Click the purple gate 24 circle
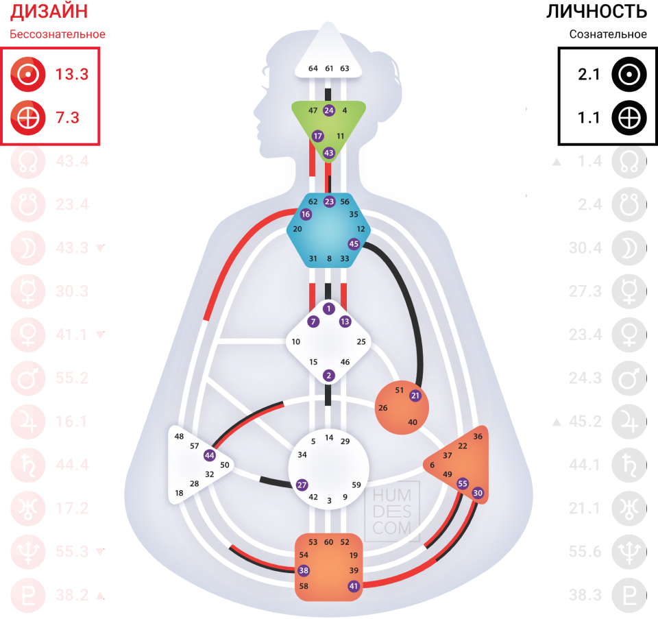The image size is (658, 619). (329, 110)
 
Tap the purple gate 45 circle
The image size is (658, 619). (354, 243)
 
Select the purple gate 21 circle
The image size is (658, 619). (415, 395)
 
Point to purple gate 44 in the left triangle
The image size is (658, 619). (210, 455)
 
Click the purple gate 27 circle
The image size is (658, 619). (302, 485)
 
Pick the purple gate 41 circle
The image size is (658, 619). (354, 585)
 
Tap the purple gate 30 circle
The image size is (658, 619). (478, 492)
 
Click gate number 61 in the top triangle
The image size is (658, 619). (329, 68)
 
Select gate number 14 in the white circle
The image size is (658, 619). (329, 437)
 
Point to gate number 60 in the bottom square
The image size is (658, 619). (329, 542)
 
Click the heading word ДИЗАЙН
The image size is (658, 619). (49, 12)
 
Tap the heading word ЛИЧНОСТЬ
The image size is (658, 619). (596, 12)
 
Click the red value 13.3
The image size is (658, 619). (72, 75)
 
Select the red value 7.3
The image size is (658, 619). (68, 118)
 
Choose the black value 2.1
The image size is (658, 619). (589, 75)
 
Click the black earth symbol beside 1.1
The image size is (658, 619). (629, 118)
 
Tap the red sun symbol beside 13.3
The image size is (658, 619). (28, 75)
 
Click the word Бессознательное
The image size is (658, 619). (57, 34)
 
